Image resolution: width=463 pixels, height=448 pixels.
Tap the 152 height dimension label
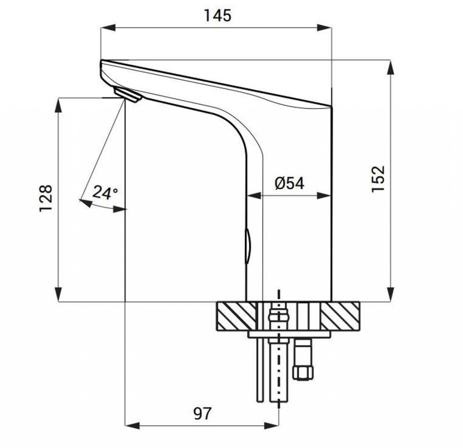point(378,179)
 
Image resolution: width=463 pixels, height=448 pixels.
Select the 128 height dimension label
point(46,198)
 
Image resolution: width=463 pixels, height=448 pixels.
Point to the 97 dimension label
point(203,414)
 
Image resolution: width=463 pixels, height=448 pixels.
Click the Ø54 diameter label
point(289,183)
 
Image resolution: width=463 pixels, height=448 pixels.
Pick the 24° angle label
point(105,193)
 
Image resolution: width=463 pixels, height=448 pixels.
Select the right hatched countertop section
point(340,315)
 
